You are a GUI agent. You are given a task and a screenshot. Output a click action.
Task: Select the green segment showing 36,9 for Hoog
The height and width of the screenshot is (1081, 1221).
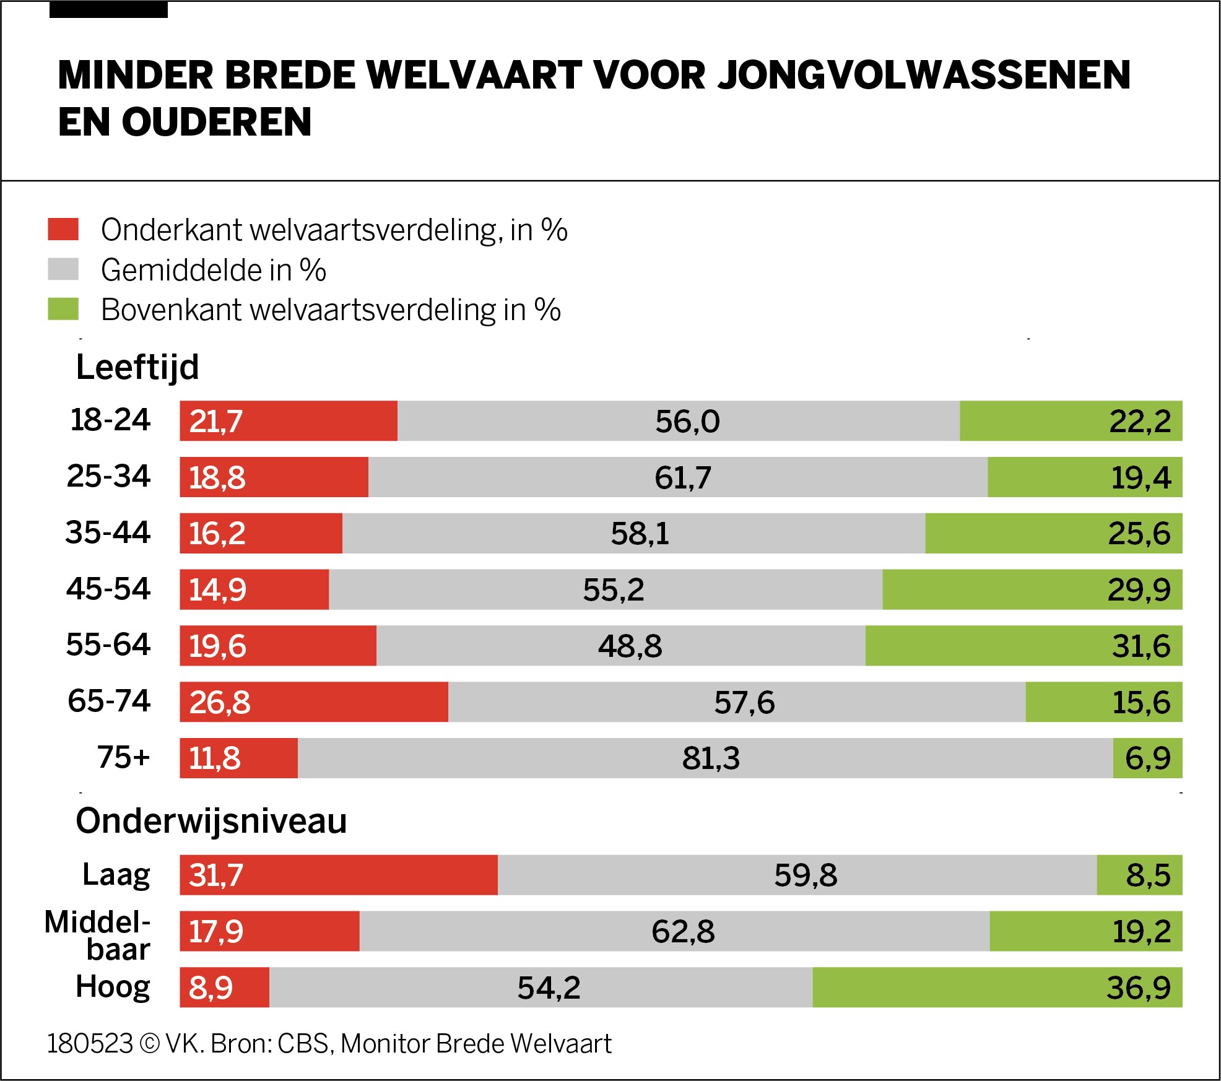[x=997, y=987]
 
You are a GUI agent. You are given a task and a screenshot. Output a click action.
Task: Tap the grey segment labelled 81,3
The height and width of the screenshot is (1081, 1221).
[x=705, y=758]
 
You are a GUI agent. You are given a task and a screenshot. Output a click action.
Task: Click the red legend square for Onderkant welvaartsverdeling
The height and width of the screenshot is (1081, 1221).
[x=63, y=229]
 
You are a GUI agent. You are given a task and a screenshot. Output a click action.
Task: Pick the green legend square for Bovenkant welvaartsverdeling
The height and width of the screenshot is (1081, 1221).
[x=63, y=309]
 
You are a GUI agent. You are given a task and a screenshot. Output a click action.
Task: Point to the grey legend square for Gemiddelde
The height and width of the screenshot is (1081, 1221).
[x=63, y=269]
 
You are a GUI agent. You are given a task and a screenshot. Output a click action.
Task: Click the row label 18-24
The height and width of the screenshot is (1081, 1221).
[x=110, y=420]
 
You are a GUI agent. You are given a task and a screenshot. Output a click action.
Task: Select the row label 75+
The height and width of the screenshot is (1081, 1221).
[x=123, y=757]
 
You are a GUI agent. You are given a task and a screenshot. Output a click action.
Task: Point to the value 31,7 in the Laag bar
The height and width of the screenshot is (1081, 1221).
[x=215, y=875]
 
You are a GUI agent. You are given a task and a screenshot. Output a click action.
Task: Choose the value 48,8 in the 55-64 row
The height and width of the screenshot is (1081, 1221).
[x=630, y=646]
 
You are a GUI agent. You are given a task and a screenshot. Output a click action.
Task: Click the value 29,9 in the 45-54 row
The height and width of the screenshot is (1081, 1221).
[x=1138, y=589]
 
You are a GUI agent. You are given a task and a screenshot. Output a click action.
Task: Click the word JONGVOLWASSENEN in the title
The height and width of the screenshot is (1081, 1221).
[x=924, y=75]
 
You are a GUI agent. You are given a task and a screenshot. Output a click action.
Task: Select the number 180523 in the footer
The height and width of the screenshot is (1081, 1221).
[x=90, y=1043]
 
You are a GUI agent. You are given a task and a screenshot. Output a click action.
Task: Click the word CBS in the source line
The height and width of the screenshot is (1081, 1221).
[x=302, y=1043]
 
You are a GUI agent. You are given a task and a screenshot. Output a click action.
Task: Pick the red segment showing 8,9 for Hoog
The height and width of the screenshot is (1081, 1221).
[x=224, y=987]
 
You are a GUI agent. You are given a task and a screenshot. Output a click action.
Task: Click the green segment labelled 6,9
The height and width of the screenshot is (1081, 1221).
[x=1147, y=758]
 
